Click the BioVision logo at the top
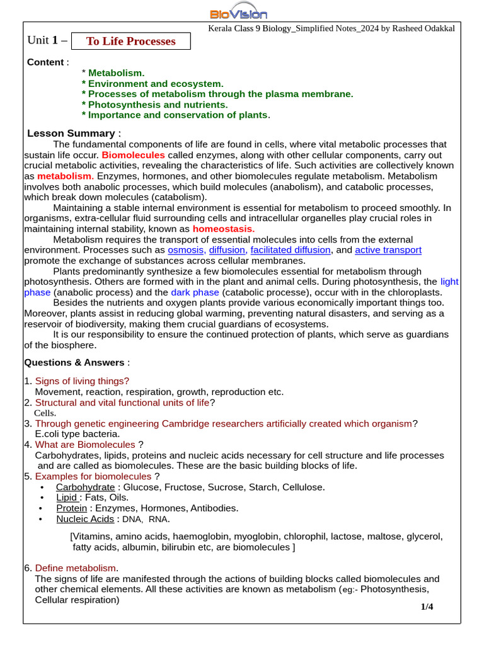(238, 13)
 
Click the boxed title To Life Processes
(130, 42)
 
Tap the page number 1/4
(427, 607)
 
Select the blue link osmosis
(186, 250)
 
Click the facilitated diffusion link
(290, 250)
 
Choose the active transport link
(388, 250)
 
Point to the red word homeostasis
(223, 229)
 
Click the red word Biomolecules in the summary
(133, 155)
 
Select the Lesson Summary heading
(71, 133)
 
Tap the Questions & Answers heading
(74, 362)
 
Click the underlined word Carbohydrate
(85, 487)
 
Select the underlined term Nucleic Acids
(85, 519)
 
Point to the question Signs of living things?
(82, 381)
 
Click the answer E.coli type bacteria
(77, 434)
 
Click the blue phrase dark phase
(195, 292)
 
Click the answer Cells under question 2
(45, 413)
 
